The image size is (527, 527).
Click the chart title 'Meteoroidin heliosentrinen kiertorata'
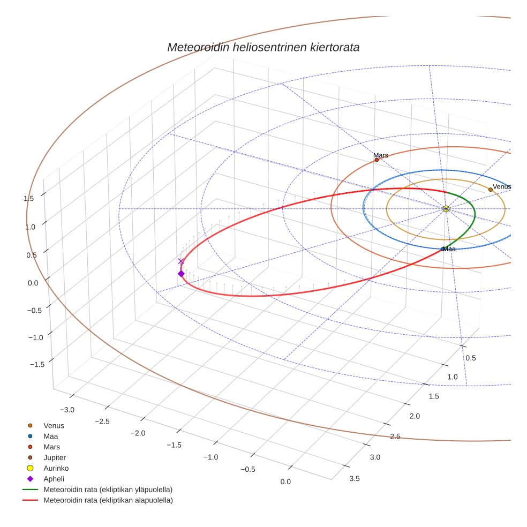point(263,47)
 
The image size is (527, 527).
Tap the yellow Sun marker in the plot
point(446,208)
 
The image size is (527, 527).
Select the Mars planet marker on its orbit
point(377,160)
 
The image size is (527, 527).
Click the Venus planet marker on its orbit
point(490,190)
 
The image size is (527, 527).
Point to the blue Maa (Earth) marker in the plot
point(442,249)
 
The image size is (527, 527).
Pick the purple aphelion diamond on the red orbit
point(181,274)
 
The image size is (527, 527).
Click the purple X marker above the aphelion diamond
point(181,261)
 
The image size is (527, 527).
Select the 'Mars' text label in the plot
point(381,155)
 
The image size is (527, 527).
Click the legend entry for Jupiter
point(55,457)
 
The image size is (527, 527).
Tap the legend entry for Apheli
point(54,479)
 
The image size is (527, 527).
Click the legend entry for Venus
point(54,426)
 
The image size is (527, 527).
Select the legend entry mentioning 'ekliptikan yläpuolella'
point(108,490)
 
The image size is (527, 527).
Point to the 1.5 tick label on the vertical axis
point(29,199)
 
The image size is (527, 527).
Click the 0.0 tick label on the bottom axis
point(285,482)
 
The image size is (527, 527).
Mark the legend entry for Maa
point(51,436)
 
